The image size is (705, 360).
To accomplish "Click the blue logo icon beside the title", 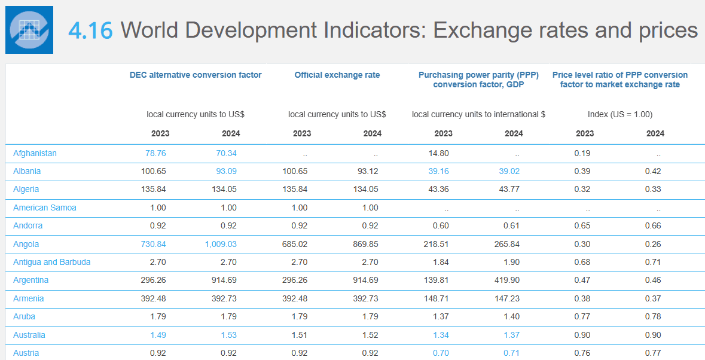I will pos(29,30).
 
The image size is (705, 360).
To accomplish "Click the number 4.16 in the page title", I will pos(90,30).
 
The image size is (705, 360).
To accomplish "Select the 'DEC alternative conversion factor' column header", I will pos(196,75).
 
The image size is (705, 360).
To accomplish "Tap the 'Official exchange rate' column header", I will pos(337,75).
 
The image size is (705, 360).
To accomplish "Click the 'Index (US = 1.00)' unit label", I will pos(619,114).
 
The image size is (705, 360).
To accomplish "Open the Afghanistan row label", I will pos(35,153).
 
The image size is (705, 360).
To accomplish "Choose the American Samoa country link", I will pos(45,208).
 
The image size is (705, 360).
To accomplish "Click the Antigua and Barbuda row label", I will pos(52,262).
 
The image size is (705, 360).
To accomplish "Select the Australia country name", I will pos(29,335).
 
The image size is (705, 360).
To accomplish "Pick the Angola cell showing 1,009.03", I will pos(221,244).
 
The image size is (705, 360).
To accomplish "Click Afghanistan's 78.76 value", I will pos(155,153).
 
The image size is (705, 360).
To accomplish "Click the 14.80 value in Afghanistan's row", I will pos(438,153).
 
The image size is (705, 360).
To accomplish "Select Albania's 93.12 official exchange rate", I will pos(368,171).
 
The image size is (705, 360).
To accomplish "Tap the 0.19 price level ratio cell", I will pos(582,153).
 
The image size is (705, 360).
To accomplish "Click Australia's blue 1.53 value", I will pos(228,335).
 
